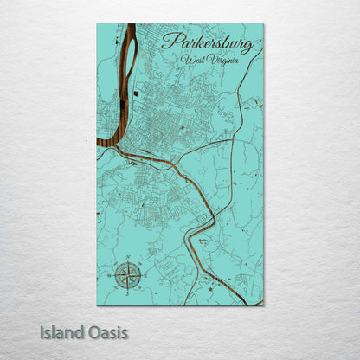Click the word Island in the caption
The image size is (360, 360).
coord(61,331)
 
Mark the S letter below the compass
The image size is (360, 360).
coord(129,293)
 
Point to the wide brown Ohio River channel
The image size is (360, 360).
coord(110,121)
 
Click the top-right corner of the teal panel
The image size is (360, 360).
coord(263,24)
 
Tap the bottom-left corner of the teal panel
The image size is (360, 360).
coord(97,305)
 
